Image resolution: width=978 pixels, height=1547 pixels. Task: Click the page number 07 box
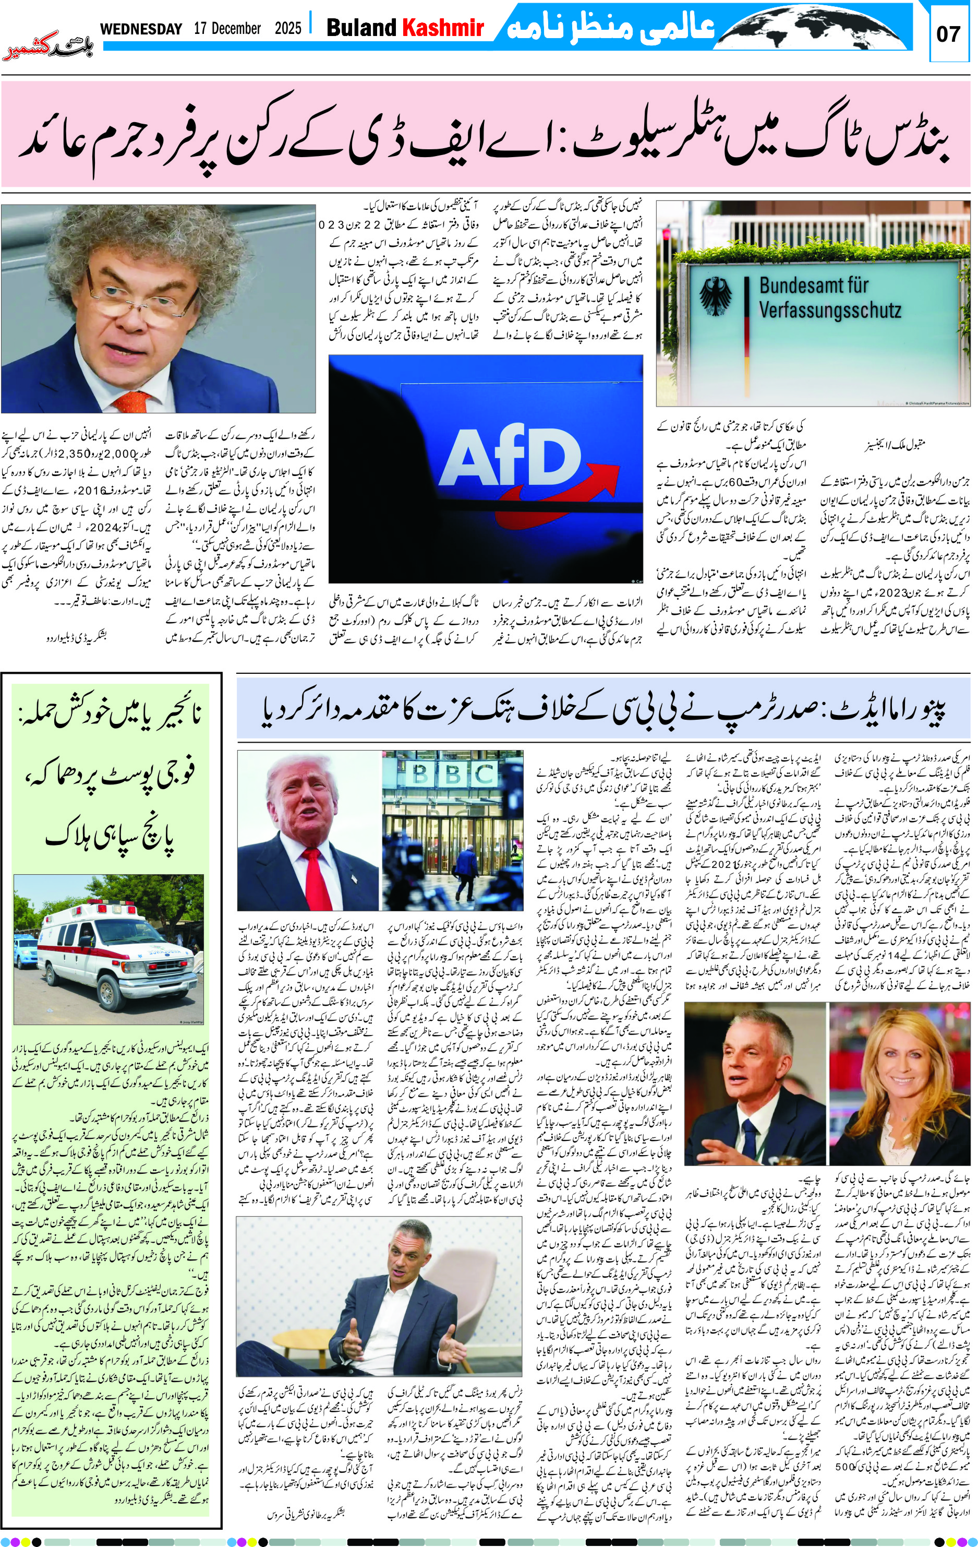point(948,34)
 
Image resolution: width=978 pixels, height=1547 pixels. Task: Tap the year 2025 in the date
point(288,29)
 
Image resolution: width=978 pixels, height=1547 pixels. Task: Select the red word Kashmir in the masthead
point(442,28)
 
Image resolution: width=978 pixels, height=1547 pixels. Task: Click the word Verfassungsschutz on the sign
point(830,311)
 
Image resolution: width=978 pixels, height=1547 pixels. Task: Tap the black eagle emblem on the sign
point(715,297)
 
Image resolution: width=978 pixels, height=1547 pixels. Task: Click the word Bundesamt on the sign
point(814,284)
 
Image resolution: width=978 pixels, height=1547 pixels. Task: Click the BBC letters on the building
point(453,774)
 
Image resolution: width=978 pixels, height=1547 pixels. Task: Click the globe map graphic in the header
point(809,27)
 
